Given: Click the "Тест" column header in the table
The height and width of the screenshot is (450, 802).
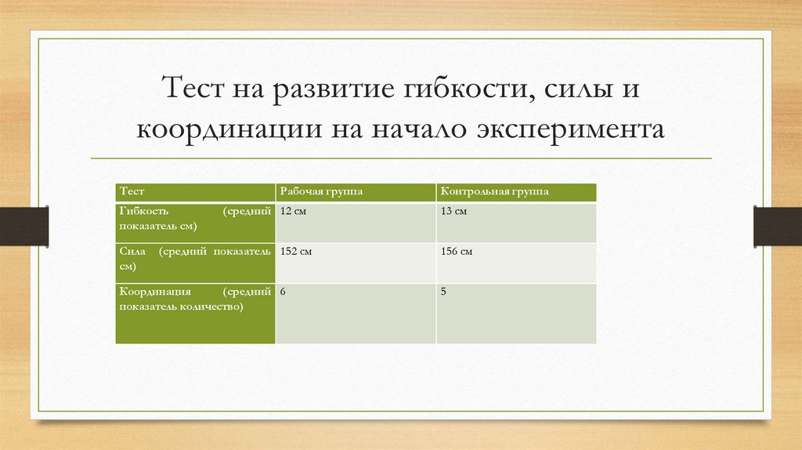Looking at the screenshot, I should [132, 191].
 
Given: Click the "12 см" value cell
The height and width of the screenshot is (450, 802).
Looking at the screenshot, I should [294, 212].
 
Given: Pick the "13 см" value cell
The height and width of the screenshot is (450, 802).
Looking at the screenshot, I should [454, 212].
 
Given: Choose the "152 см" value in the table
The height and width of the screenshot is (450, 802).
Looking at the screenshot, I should [297, 252].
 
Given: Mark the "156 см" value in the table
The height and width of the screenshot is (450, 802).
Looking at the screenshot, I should [457, 252].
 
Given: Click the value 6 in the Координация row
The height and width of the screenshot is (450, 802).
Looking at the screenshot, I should [283, 292].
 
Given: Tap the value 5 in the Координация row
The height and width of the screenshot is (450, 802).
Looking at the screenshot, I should [443, 292].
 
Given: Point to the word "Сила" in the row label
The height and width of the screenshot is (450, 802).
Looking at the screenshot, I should [132, 252].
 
